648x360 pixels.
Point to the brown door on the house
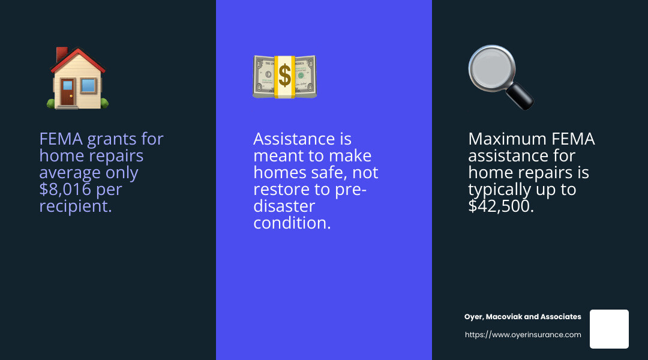coord(67,94)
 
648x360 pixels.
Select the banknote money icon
coord(284,77)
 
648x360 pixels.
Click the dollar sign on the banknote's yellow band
coord(284,77)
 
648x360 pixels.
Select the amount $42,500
coord(501,206)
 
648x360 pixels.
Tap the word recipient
coord(76,206)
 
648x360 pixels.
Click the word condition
coord(292,223)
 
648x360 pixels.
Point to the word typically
coord(502,190)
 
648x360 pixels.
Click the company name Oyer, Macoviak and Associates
coord(523,317)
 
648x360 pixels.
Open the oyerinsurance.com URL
coord(523,335)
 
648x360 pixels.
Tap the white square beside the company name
coord(609,329)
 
